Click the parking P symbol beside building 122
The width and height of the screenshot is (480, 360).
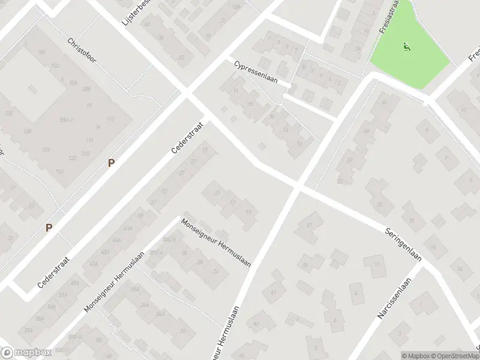click(110, 163)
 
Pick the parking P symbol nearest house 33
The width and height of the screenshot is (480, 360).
click(49, 227)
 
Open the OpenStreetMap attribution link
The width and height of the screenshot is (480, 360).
click(453, 355)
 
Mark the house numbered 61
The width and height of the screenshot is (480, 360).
click(273, 292)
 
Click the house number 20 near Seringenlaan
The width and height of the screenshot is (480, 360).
click(379, 204)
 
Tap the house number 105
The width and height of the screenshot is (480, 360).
click(41, 52)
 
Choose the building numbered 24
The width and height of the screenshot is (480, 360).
click(216, 271)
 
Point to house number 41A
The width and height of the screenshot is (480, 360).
click(127, 229)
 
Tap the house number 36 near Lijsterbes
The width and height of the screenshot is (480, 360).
click(161, 37)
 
